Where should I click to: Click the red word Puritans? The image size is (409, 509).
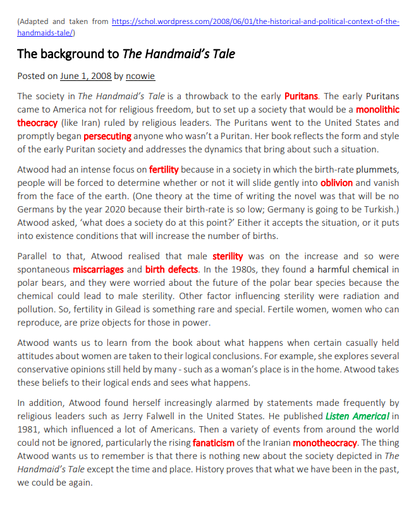(x=302, y=96)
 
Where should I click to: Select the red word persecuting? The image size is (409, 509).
(x=107, y=136)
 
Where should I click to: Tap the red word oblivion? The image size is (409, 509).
(x=336, y=183)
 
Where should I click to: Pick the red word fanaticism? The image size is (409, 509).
(x=219, y=442)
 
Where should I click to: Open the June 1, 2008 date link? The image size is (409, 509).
(x=85, y=76)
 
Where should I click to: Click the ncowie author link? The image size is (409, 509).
(x=140, y=76)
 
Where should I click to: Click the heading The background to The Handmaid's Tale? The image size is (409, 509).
(x=126, y=54)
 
